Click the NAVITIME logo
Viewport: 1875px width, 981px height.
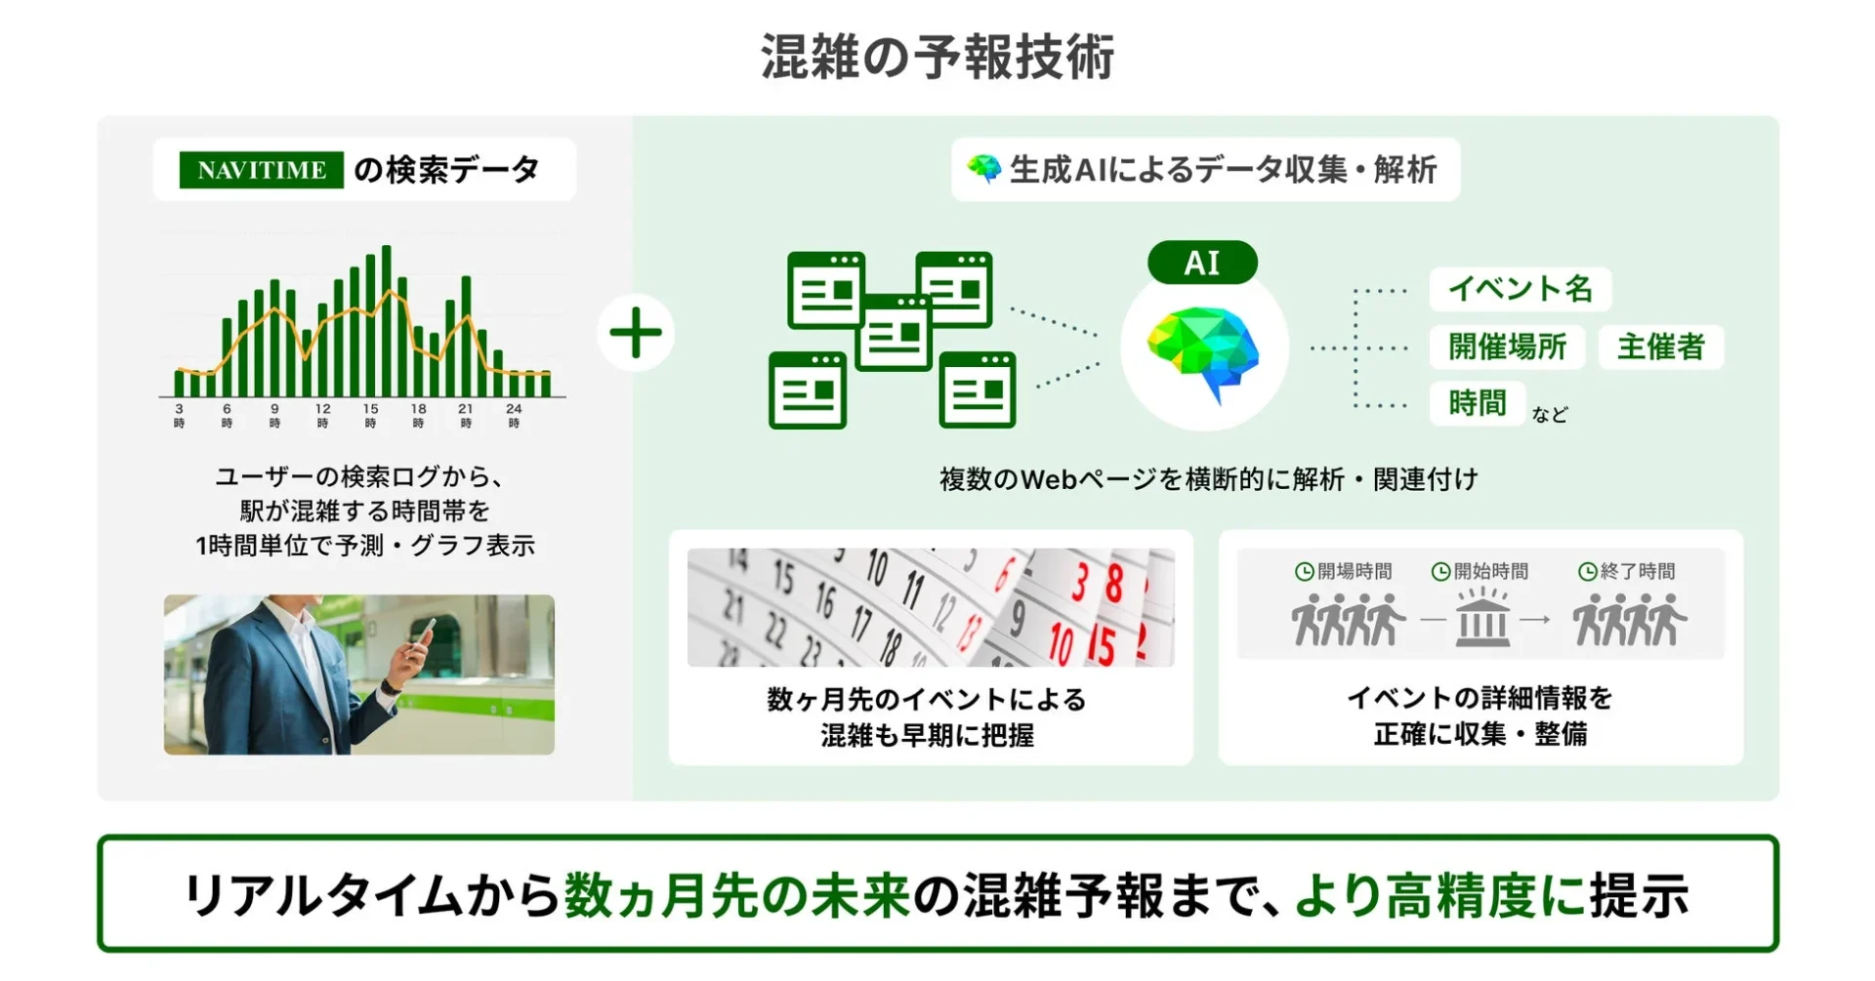[x=261, y=170]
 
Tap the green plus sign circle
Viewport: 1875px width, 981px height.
[x=636, y=333]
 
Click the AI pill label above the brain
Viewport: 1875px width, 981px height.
[x=1202, y=263]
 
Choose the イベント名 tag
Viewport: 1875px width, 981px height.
[x=1520, y=289]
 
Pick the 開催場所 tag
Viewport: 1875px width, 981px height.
[x=1507, y=347]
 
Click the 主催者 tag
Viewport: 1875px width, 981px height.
[x=1660, y=347]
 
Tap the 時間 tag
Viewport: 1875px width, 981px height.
[x=1477, y=403]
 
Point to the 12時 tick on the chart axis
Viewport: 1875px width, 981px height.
[x=322, y=415]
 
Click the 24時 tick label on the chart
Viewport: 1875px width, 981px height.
[x=514, y=415]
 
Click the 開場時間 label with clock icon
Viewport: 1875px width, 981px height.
[x=1344, y=571]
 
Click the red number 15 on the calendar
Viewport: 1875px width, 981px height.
[x=1101, y=645]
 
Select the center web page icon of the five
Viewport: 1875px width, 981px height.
[x=894, y=333]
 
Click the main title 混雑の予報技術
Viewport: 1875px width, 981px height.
[x=937, y=57]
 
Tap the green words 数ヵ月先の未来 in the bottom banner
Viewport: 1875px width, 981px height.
[x=737, y=895]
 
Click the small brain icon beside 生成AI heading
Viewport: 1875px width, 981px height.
[x=984, y=169]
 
